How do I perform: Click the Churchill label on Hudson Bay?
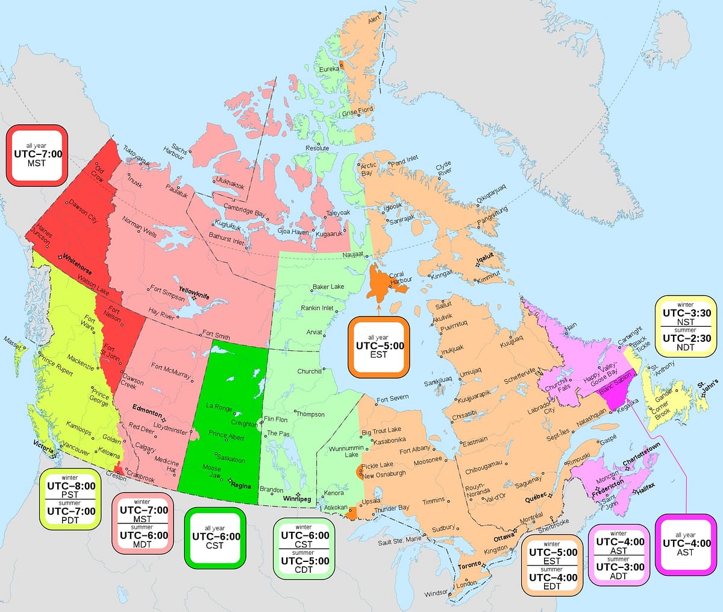[309, 371]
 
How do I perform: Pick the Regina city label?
[240, 484]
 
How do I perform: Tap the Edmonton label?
[147, 411]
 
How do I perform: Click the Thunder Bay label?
[392, 509]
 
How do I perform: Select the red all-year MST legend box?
[36, 155]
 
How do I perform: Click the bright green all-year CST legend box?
[216, 537]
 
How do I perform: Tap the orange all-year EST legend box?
[379, 347]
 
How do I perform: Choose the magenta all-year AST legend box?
[685, 544]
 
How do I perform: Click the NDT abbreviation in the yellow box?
[685, 347]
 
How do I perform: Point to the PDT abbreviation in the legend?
[71, 520]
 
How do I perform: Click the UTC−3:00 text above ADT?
[619, 567]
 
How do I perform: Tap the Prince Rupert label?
[56, 363]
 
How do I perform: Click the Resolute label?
[317, 148]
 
